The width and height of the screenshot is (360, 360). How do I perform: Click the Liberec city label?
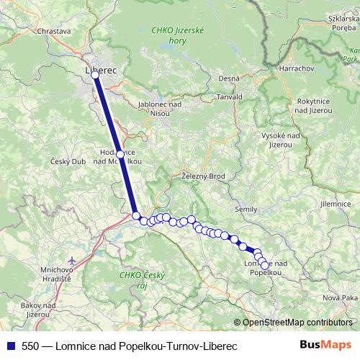(100, 70)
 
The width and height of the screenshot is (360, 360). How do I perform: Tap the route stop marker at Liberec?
(95, 75)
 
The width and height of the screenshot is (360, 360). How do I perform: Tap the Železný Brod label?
(204, 175)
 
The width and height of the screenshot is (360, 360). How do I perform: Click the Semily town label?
(246, 209)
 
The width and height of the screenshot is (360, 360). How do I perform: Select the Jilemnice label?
(335, 204)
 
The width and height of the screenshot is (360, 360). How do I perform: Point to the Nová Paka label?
(339, 297)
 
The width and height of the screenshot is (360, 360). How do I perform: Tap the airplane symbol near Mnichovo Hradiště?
(71, 261)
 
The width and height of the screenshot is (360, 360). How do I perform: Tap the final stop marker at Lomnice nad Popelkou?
(264, 266)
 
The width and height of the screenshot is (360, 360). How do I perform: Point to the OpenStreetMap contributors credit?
(297, 323)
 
